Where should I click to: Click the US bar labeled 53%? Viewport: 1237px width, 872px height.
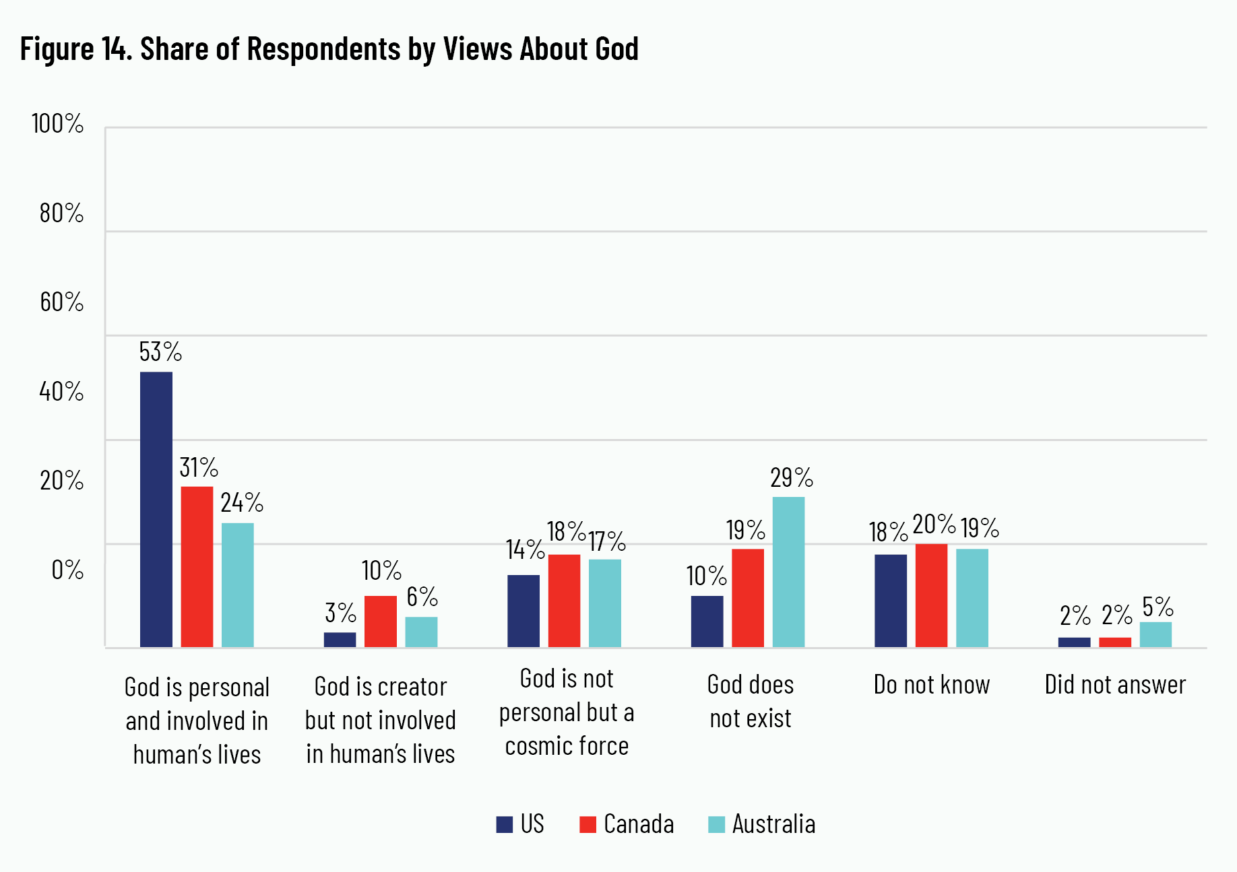coord(156,509)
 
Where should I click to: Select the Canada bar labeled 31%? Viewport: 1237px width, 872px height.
coord(197,566)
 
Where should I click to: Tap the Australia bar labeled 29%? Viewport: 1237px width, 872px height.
coord(788,572)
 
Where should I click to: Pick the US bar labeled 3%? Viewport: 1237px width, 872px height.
coord(340,640)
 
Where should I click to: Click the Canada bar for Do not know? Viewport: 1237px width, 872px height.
coord(931,595)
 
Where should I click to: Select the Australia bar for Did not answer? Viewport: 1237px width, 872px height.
coord(1155,634)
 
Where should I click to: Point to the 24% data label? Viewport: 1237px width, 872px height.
coord(241,502)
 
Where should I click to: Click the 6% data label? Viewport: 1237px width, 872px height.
coord(422,597)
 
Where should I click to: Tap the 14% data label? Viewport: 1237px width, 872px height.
coord(525,549)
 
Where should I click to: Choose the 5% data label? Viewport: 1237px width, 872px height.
coord(1157,607)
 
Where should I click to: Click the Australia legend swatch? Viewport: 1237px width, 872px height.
coord(716,824)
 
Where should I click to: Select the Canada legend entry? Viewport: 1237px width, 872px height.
coord(627,824)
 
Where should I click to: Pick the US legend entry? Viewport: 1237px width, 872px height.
coord(520,824)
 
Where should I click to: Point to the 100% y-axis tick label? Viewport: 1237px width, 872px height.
coord(57,124)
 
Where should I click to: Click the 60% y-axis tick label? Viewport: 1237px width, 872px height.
coord(61,302)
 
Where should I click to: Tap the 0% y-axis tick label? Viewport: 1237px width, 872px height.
coord(67,570)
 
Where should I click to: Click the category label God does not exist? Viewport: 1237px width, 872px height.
coord(751,701)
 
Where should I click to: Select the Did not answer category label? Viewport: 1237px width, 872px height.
coord(1115,685)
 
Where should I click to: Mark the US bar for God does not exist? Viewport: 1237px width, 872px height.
coord(707,621)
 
